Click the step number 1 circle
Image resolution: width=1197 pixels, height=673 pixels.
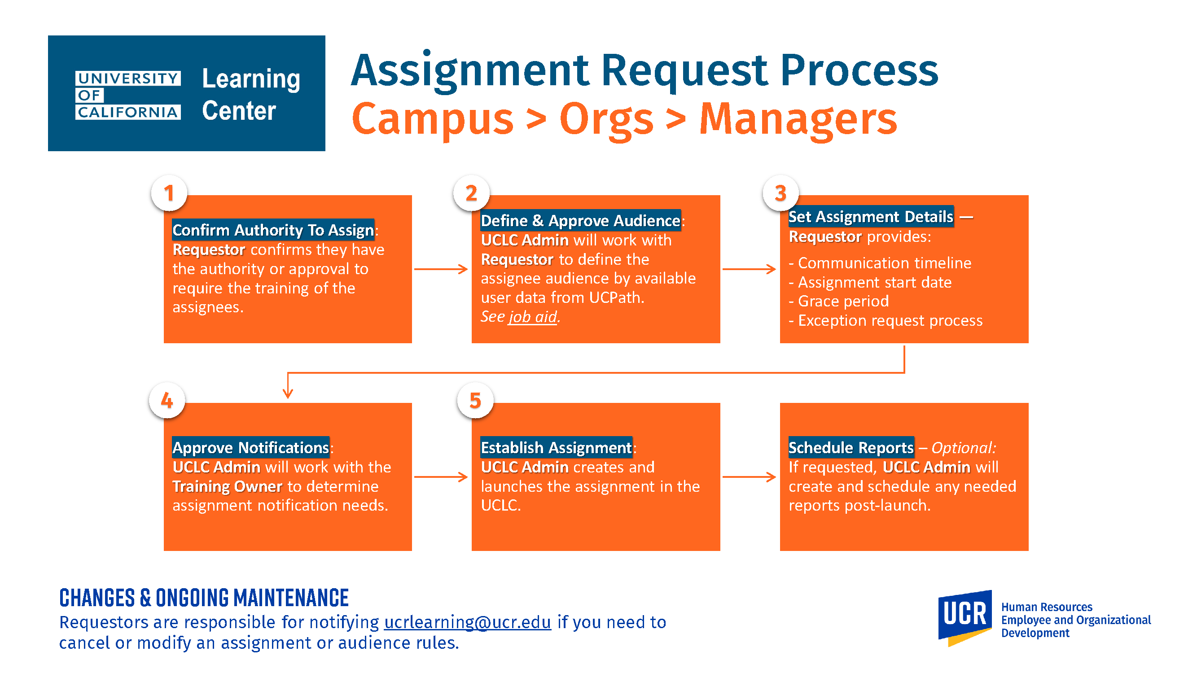[169, 193]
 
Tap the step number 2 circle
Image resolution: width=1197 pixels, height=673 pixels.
[472, 193]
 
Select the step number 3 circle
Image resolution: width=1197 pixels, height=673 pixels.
[780, 193]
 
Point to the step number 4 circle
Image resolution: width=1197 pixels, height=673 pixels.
[167, 400]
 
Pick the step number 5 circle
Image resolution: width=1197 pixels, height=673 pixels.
[475, 400]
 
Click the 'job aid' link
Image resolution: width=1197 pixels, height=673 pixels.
[532, 317]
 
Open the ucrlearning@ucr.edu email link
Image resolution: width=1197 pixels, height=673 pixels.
[468, 622]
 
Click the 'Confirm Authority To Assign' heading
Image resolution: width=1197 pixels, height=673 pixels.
[273, 230]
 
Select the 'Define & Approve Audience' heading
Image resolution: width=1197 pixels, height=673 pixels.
[580, 220]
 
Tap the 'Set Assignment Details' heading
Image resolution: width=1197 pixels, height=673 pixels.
[871, 216]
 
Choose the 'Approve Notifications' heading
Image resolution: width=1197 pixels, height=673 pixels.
[251, 447]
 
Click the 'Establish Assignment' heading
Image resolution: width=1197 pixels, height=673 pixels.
[556, 447]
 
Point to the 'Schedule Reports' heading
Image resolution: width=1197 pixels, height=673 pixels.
[851, 447]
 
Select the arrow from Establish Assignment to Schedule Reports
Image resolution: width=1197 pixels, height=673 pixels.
[749, 476]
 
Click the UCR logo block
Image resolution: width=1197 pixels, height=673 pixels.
[965, 618]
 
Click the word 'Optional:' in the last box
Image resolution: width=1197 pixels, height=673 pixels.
[964, 448]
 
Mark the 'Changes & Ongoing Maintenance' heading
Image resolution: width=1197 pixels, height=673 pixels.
[204, 598]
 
